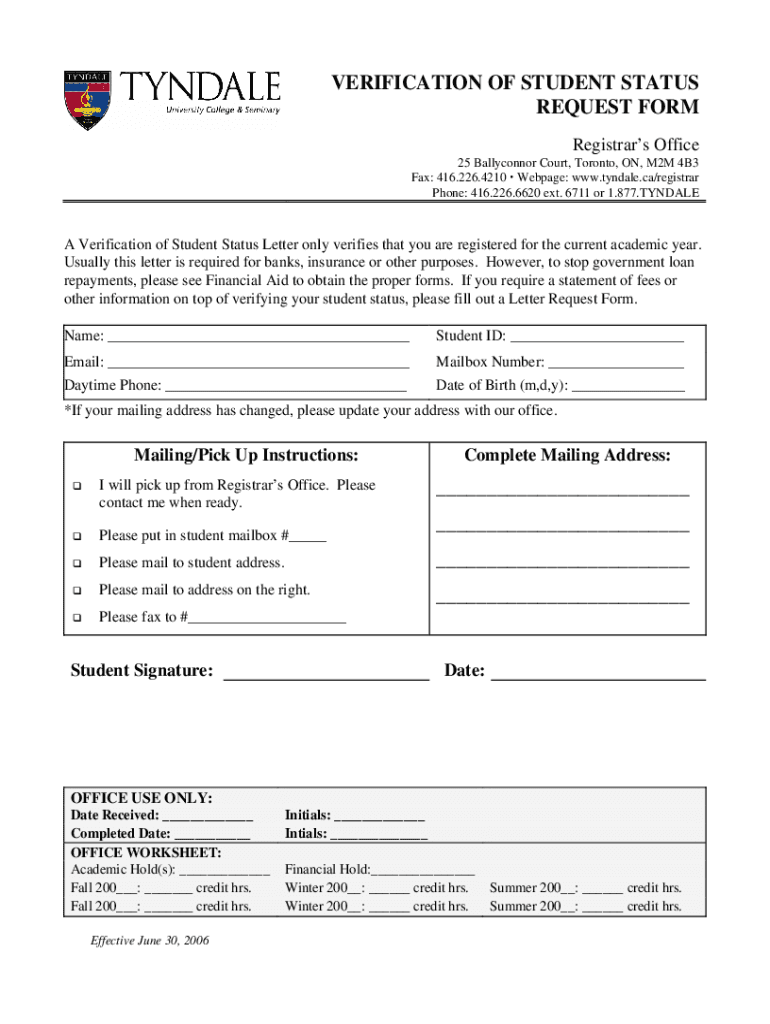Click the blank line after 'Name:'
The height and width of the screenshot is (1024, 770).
click(x=258, y=338)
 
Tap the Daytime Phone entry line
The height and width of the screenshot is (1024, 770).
click(x=286, y=387)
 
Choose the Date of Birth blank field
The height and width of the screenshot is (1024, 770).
click(x=628, y=387)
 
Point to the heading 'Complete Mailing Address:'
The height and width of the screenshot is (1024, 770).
click(x=567, y=456)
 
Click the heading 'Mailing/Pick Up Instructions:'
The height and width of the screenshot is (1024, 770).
click(x=246, y=456)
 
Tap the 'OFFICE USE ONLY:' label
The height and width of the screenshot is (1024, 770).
click(x=141, y=798)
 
